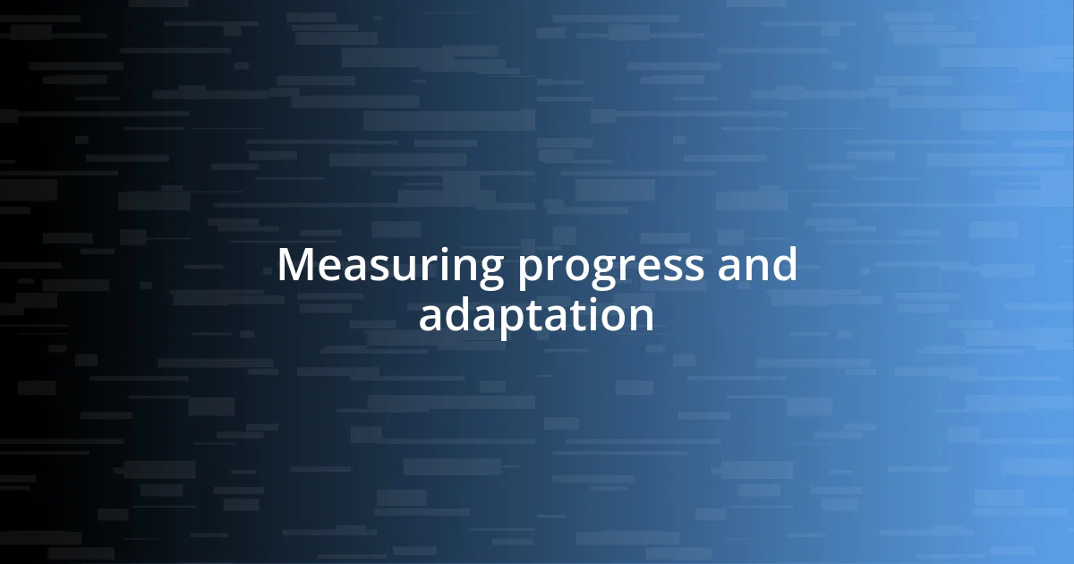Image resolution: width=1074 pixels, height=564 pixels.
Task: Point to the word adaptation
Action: [x=536, y=316]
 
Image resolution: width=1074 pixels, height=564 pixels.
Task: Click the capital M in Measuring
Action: [x=295, y=266]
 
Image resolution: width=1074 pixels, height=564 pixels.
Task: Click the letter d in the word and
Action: [x=784, y=265]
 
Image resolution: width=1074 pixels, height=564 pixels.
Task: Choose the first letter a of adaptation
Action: [x=430, y=318]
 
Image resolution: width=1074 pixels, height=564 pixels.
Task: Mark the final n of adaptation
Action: [x=641, y=318]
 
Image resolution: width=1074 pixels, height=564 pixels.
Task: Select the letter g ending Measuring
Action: [x=489, y=271]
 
